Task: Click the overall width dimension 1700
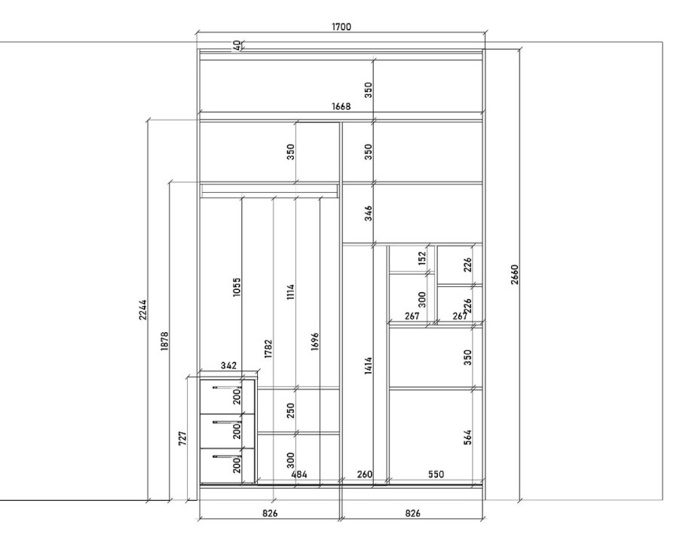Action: click(x=341, y=26)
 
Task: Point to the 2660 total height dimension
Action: click(x=514, y=274)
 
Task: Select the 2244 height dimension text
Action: click(x=143, y=310)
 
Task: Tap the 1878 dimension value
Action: click(x=164, y=341)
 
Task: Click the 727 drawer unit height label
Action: click(x=183, y=438)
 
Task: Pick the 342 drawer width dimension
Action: click(x=229, y=365)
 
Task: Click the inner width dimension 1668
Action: click(x=341, y=106)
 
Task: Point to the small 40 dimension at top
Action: click(x=237, y=45)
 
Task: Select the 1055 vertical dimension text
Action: click(x=237, y=287)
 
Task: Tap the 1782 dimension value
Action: click(x=268, y=349)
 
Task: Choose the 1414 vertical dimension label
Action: click(x=369, y=366)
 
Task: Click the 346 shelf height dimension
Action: click(x=369, y=213)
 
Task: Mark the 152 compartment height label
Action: click(x=421, y=258)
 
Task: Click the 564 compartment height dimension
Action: click(x=467, y=437)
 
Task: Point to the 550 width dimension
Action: click(x=436, y=474)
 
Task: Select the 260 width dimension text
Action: click(x=365, y=474)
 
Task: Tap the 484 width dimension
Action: click(x=299, y=474)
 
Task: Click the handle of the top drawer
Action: click(x=225, y=388)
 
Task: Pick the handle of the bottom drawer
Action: click(x=225, y=456)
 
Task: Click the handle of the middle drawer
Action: click(x=225, y=423)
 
